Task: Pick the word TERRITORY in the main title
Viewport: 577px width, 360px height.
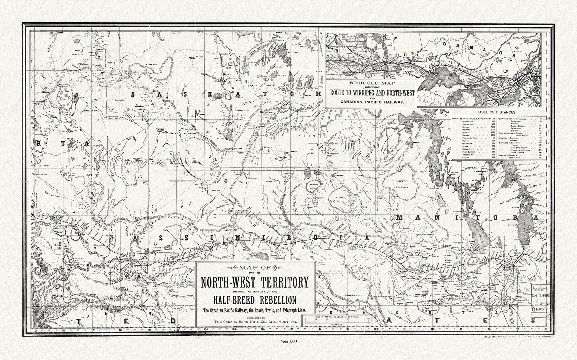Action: point(281,282)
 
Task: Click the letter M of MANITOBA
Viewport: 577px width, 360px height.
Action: point(400,217)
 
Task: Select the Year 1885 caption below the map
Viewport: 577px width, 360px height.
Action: point(288,341)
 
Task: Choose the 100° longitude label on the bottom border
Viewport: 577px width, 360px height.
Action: point(433,329)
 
